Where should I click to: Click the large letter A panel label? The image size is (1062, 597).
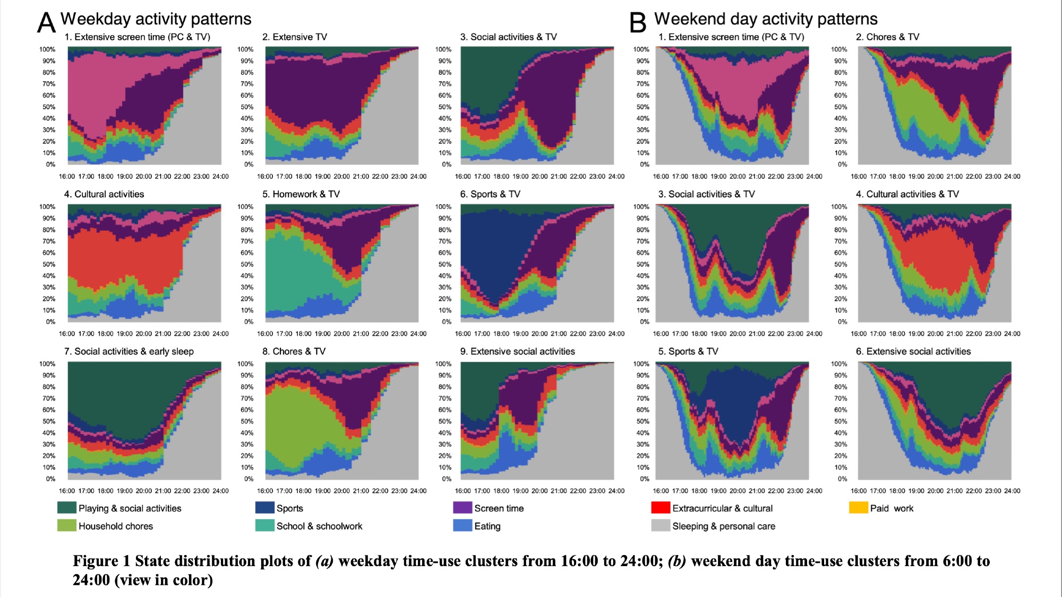coord(46,22)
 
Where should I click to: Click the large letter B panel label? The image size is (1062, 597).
coord(638,22)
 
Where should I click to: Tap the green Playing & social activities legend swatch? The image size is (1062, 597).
coord(67,508)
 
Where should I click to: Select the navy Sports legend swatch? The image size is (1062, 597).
coord(265,508)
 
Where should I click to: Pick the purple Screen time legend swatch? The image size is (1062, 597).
coord(463,508)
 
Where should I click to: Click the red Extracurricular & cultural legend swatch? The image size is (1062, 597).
coord(661,508)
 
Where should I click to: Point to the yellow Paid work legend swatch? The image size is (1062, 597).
coord(858,508)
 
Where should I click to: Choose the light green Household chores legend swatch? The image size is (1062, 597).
coord(67,525)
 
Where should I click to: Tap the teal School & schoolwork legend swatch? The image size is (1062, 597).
coord(265,525)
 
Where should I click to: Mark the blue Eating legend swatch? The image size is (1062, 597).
coord(463,525)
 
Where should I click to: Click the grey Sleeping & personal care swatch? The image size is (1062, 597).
coord(661,525)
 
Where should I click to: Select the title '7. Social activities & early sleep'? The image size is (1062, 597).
coord(129,351)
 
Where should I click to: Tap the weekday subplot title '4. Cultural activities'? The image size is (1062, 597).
coord(104,194)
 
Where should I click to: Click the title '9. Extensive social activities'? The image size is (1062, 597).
coord(517,351)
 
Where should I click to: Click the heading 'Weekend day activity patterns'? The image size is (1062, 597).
coord(766,19)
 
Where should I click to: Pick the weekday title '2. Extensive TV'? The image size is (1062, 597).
coord(294,37)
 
